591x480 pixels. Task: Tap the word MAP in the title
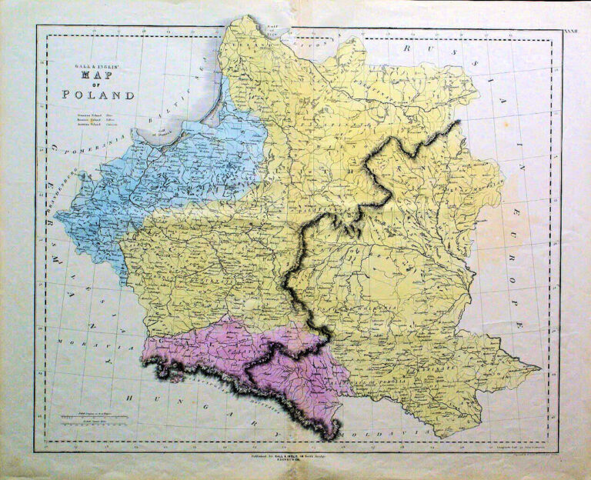pyautogui.click(x=98, y=79)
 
